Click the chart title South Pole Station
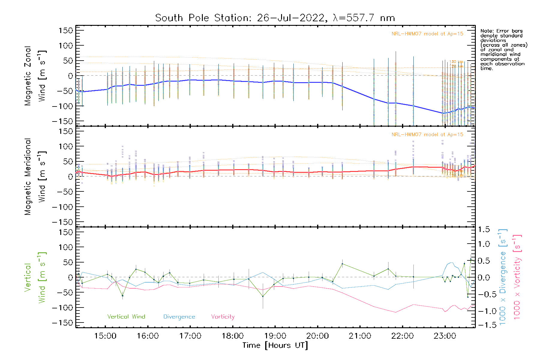[274, 18]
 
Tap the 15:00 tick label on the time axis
[105, 336]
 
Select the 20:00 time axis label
[317, 336]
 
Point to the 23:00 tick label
[445, 336]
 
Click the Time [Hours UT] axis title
[275, 345]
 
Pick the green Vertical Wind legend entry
[126, 316]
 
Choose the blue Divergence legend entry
[179, 316]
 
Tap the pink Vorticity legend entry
[223, 316]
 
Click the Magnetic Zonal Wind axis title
[35, 76]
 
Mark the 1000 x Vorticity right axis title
[517, 277]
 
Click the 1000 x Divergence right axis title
[503, 277]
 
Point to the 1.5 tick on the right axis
[484, 229]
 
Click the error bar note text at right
[503, 49]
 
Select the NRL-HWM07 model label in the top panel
[427, 34]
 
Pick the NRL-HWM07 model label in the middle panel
[427, 134]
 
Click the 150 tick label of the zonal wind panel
[66, 30]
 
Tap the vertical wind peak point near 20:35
[342, 264]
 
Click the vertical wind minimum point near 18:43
[263, 296]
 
